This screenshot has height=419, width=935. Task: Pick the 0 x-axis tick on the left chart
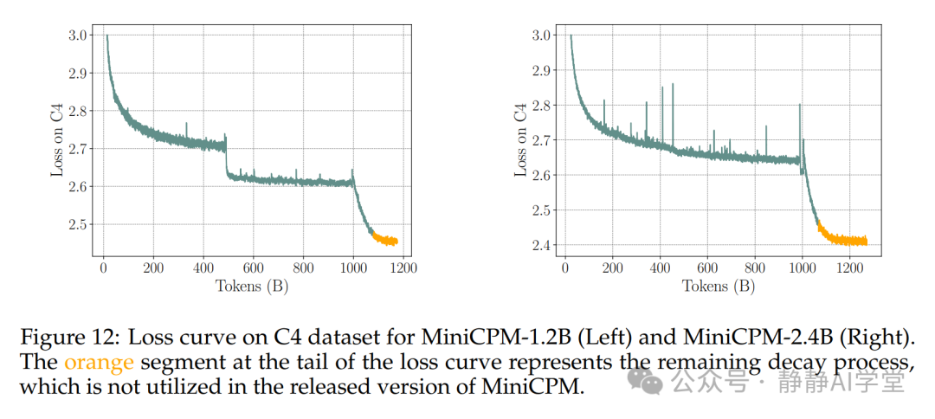[x=103, y=269]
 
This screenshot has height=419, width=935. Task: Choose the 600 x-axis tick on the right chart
[x=707, y=269]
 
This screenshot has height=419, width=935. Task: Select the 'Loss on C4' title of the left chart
[x=56, y=142]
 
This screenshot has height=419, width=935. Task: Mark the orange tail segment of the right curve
[x=844, y=240]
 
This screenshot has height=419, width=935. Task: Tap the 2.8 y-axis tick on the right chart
[x=541, y=106]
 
